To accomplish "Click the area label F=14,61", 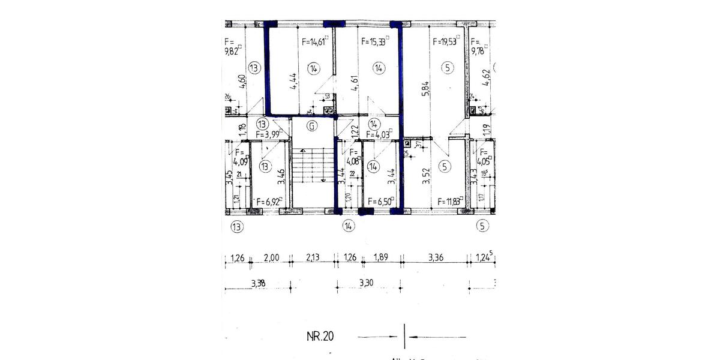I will pos(314,42).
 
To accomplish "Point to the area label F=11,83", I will pos(450,202).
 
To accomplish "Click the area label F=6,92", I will pos(268,202).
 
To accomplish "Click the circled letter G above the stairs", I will pos(311,126).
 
